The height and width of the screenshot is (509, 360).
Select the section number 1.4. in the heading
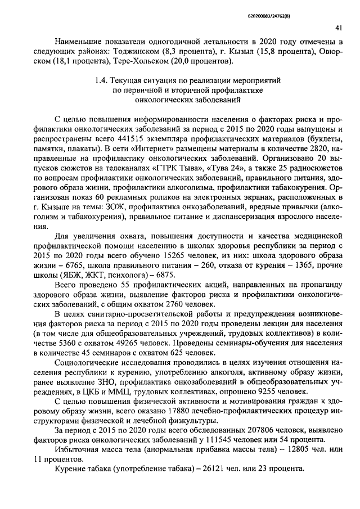(x=101, y=81)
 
